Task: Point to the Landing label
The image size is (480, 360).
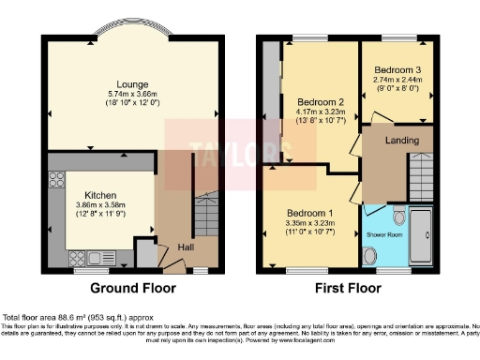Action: tap(397, 142)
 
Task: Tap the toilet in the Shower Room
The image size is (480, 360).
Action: tap(400, 212)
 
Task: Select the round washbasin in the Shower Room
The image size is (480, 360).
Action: tap(369, 254)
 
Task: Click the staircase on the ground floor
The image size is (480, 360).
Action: tap(206, 216)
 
